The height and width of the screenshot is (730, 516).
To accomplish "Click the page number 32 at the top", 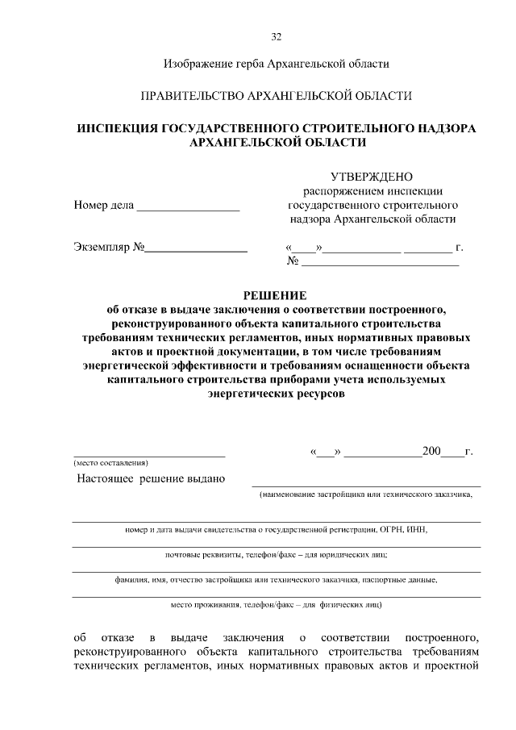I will click(x=277, y=37).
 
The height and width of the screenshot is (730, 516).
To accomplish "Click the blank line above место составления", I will click(x=149, y=454).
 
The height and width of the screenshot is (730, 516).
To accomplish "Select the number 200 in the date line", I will click(x=431, y=452).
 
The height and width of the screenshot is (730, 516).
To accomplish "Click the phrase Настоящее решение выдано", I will click(x=151, y=479).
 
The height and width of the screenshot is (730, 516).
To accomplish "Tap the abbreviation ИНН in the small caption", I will click(x=418, y=530).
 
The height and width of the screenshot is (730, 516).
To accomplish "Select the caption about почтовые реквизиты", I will click(x=276, y=555).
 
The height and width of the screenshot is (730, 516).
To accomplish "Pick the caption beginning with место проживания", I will click(x=276, y=603).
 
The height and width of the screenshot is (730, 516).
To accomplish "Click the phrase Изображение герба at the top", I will click(x=210, y=63).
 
